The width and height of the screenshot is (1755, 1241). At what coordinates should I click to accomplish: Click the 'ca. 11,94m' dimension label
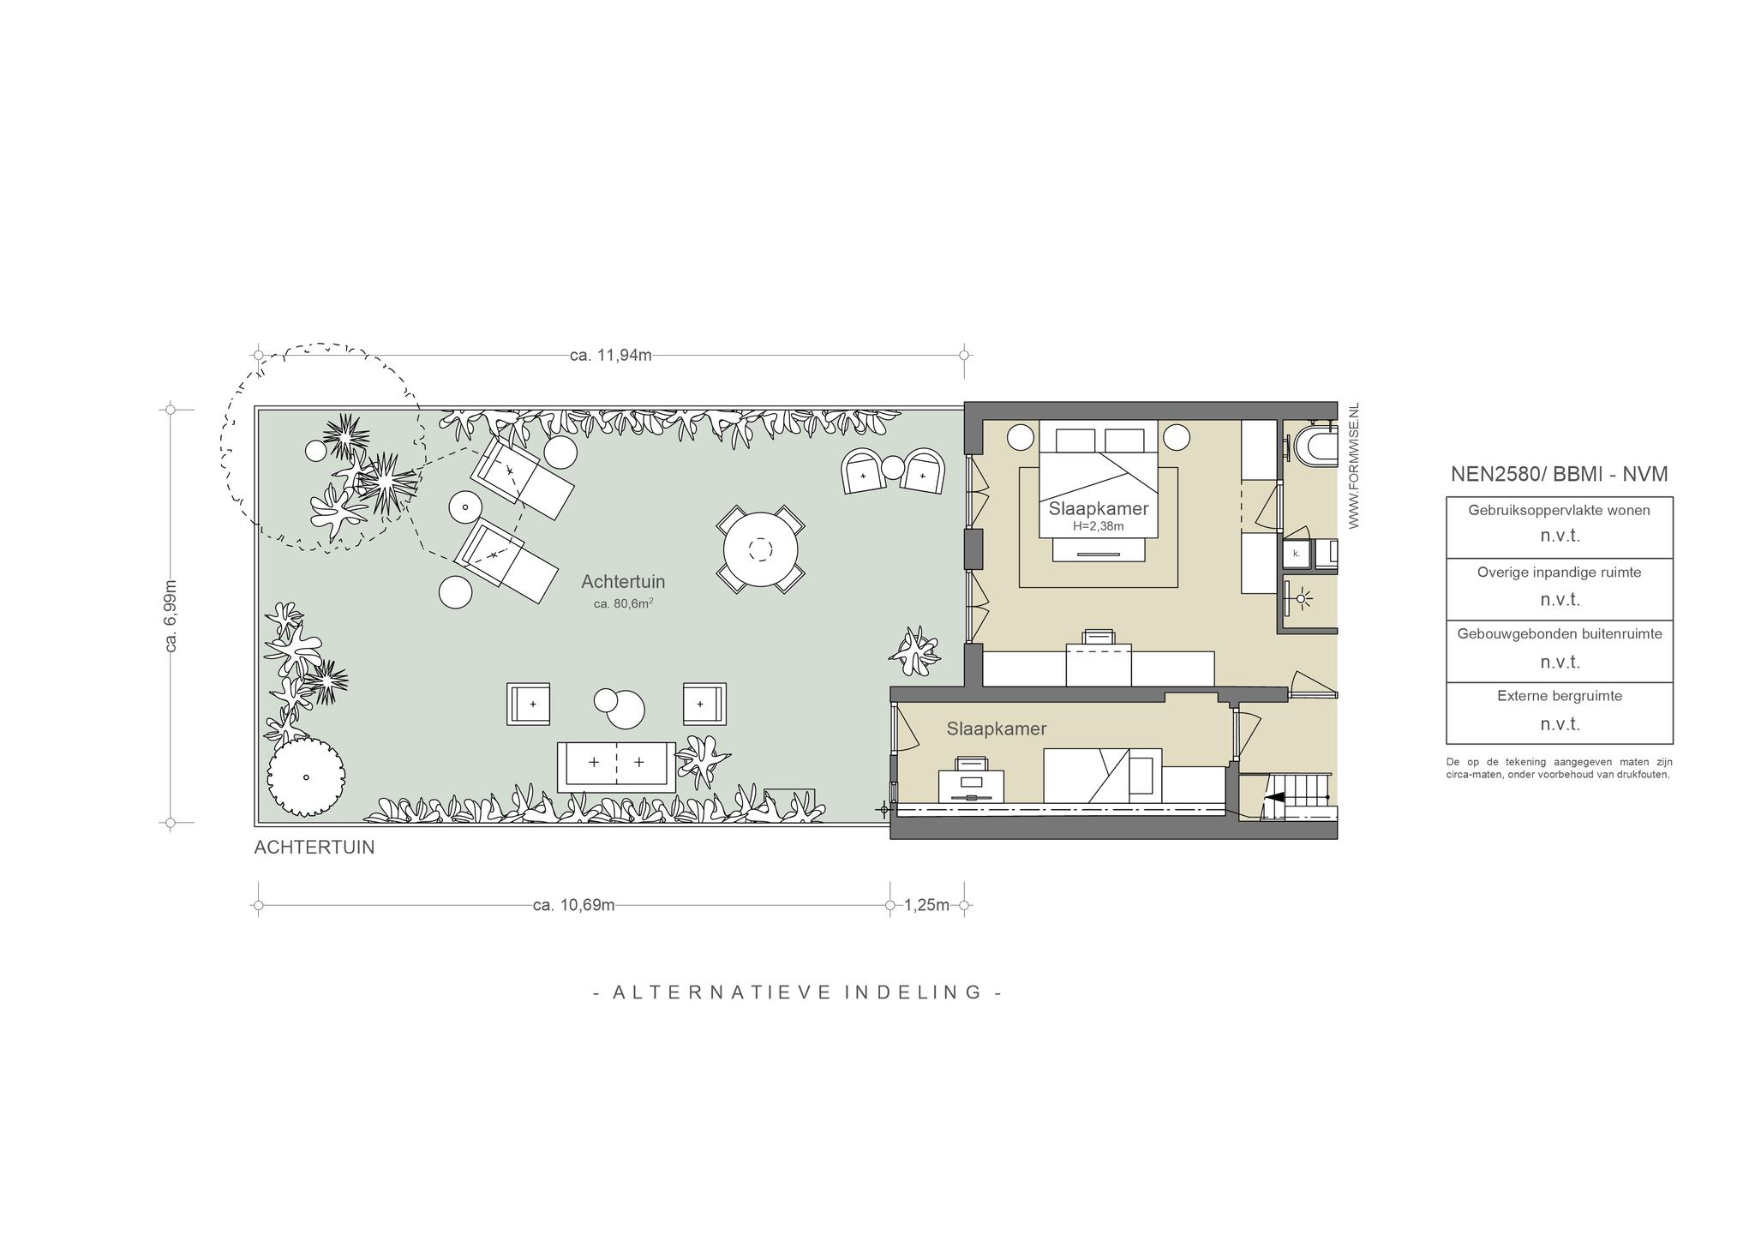pos(610,355)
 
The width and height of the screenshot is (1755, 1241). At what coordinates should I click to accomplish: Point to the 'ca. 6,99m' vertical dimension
pos(171,615)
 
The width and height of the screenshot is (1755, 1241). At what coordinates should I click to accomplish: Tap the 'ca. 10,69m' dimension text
pos(573,905)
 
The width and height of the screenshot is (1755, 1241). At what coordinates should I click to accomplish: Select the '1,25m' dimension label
pos(926,905)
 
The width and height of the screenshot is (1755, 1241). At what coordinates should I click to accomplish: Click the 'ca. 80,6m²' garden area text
pos(623,603)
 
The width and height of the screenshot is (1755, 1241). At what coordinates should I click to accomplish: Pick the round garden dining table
pos(760,549)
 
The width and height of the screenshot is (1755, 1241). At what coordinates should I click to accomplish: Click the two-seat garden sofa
pos(616,767)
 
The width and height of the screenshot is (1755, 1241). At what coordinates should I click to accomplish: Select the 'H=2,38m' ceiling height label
pos(1098,526)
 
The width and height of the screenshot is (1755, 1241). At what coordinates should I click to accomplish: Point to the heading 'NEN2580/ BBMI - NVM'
pos(1559,474)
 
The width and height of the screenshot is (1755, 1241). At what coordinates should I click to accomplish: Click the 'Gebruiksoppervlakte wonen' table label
pos(1559,510)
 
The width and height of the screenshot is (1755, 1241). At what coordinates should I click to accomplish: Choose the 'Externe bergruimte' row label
pos(1560,696)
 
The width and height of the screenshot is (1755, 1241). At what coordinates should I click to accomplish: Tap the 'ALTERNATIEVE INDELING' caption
pos(798,992)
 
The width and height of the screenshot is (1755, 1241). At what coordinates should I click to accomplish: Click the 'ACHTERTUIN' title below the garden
pos(314,848)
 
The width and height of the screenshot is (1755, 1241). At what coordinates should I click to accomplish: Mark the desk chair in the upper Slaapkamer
pos(1099,637)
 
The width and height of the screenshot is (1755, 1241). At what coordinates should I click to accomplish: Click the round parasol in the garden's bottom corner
pos(306,777)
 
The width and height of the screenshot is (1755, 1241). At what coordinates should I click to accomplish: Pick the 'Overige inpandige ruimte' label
pos(1559,572)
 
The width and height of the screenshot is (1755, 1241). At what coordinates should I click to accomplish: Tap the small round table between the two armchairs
pos(893,467)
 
